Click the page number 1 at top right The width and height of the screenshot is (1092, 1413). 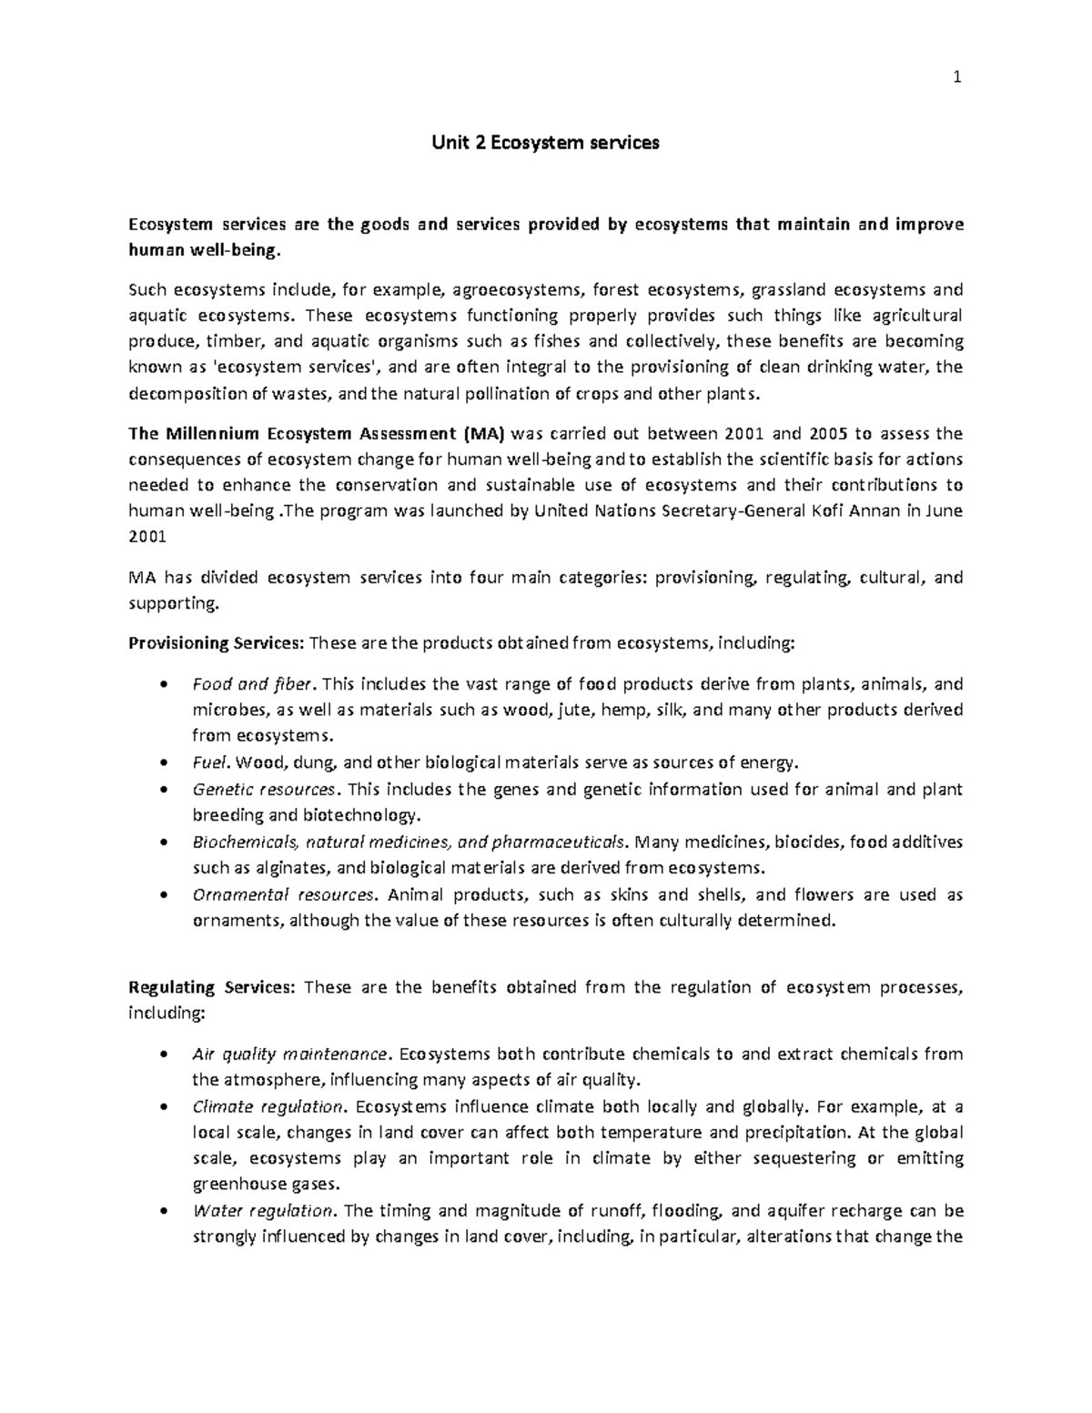tap(956, 78)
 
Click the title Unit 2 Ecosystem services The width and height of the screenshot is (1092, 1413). tap(545, 143)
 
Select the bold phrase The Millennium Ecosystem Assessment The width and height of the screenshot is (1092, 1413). tap(294, 432)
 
